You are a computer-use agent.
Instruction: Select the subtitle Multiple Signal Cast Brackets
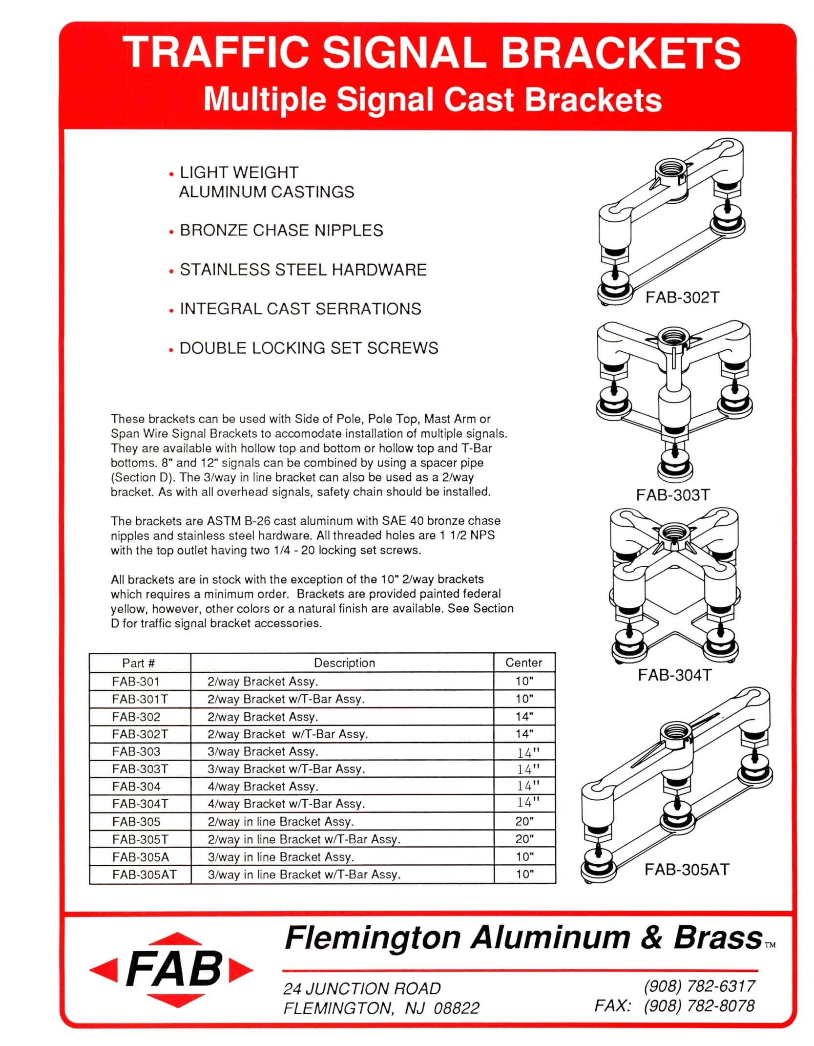click(432, 100)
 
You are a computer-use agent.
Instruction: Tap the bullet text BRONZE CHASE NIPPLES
click(281, 231)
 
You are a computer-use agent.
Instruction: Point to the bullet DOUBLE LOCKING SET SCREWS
click(309, 348)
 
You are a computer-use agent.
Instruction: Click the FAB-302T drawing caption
click(682, 298)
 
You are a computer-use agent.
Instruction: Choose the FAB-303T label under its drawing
click(672, 495)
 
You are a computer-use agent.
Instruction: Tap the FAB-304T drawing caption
click(674, 675)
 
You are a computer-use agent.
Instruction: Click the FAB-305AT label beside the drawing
click(687, 870)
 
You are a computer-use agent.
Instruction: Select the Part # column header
click(139, 663)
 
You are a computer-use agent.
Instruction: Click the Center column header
click(523, 662)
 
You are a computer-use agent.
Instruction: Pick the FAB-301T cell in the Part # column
click(140, 699)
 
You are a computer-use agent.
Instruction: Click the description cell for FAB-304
click(263, 786)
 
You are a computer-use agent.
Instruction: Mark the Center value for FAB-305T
click(524, 839)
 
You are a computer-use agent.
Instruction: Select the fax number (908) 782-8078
click(699, 1005)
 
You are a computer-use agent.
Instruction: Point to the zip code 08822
click(456, 1008)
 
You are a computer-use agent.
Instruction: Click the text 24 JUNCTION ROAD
click(362, 988)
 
